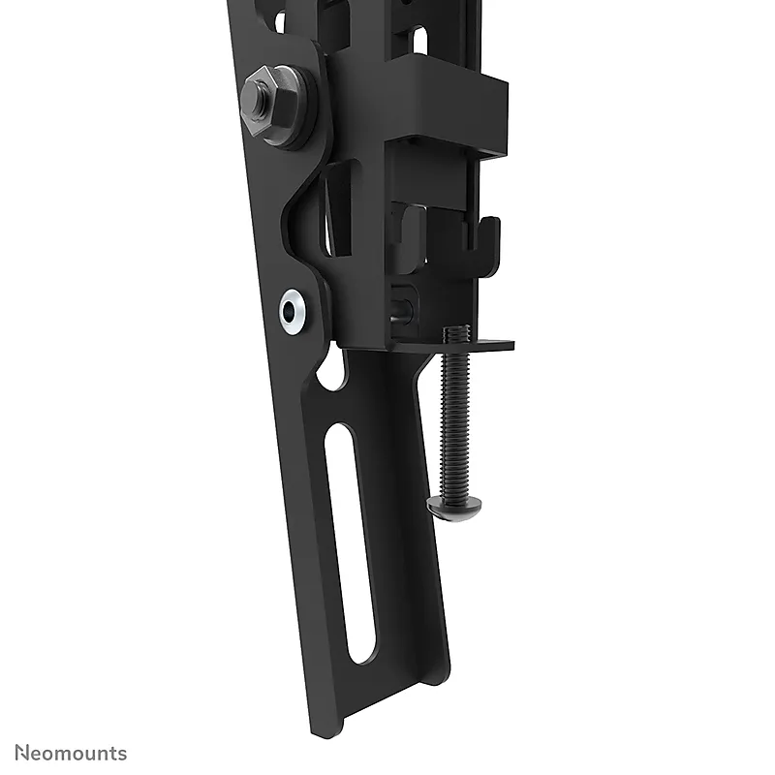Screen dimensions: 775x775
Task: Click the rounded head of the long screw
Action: (453, 508)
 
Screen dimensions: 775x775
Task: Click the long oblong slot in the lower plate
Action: (350, 543)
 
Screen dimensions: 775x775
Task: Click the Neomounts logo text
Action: (71, 754)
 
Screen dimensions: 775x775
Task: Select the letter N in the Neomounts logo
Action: (20, 753)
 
